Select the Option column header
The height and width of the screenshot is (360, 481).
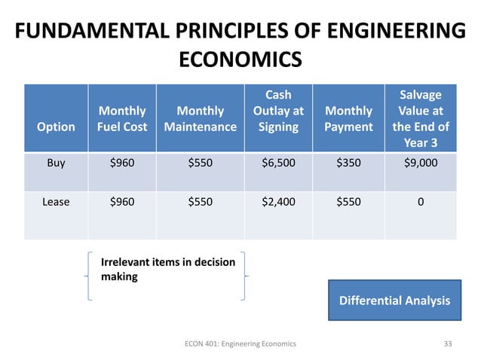click(57, 127)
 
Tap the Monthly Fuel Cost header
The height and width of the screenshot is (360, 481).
click(122, 118)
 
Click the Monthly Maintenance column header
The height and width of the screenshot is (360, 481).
click(200, 118)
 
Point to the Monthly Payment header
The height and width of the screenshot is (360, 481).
click(348, 118)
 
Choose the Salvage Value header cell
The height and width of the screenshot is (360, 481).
click(421, 118)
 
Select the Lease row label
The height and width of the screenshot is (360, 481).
click(56, 201)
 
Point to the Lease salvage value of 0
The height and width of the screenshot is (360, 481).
click(421, 201)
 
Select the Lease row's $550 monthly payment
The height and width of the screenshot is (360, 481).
click(348, 201)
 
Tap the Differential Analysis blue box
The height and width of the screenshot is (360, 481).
click(394, 301)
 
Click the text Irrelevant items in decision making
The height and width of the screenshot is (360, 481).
click(167, 269)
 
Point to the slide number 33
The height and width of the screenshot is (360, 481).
click(448, 343)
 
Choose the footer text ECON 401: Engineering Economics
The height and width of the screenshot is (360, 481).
click(240, 343)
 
